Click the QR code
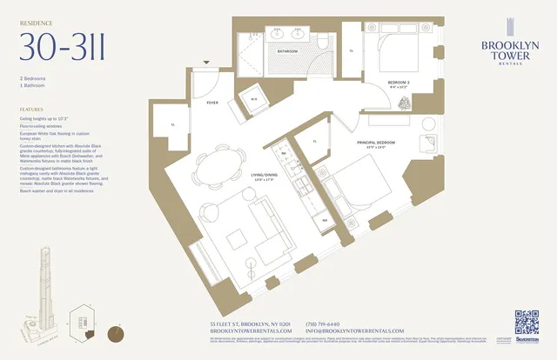(x=527, y=322)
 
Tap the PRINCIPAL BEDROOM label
(x=375, y=143)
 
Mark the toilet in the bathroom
(x=323, y=43)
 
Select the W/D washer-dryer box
(x=254, y=97)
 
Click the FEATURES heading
(x=31, y=110)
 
